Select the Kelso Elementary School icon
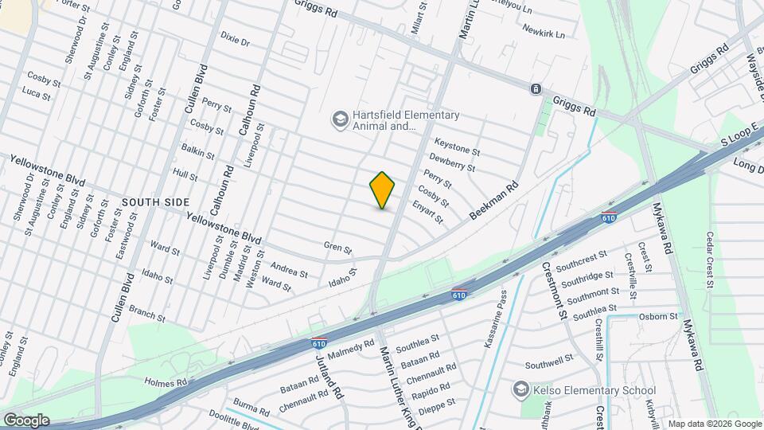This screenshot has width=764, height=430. click(x=521, y=390)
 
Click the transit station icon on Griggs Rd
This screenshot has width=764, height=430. click(x=536, y=88)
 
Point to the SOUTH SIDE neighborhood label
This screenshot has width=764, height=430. click(x=156, y=202)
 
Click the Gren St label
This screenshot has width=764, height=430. click(x=337, y=248)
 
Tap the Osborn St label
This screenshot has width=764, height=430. click(x=658, y=316)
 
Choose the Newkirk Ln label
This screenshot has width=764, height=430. click(x=544, y=33)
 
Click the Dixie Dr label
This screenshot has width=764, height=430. click(x=236, y=37)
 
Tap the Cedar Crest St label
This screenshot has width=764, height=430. click(x=709, y=260)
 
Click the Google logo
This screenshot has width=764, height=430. click(x=25, y=420)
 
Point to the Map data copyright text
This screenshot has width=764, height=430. click(x=714, y=424)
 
